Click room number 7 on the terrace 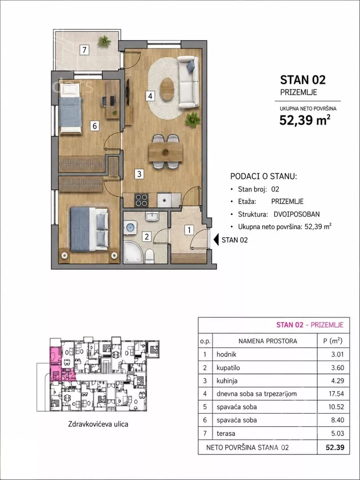click(x=84, y=50)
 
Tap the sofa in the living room click(x=188, y=82)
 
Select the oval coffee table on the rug click(x=167, y=89)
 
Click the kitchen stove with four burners click(x=141, y=200)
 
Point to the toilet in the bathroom click(x=149, y=256)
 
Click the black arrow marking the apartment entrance click(x=216, y=240)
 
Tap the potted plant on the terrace click(x=104, y=42)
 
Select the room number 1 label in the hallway click(x=189, y=230)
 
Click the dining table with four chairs click(x=166, y=152)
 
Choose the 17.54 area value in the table click(x=337, y=394)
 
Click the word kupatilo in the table click(x=228, y=368)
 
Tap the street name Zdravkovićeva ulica click(x=98, y=424)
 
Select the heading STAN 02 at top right click(x=303, y=80)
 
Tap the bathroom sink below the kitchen click(x=152, y=217)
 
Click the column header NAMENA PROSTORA click(x=268, y=341)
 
